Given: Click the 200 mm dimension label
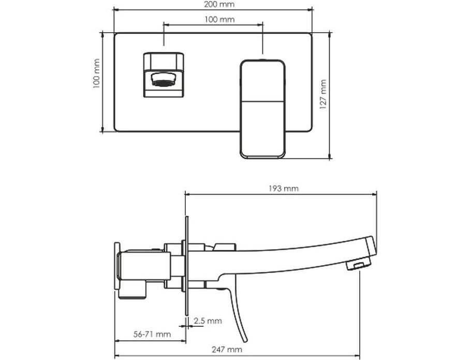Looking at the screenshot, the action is [219, 5].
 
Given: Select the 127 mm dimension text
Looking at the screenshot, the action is [323, 94].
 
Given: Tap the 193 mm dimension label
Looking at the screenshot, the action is [283, 189].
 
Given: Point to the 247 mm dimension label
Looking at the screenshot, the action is [227, 350].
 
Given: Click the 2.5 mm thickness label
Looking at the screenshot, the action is [208, 321].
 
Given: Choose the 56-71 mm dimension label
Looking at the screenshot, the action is [152, 334].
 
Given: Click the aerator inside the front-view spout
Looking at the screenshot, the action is [164, 79].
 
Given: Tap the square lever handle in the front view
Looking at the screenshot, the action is [262, 109].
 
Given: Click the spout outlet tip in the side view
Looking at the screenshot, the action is [359, 265].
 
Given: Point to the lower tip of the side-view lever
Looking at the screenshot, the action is [246, 341].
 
